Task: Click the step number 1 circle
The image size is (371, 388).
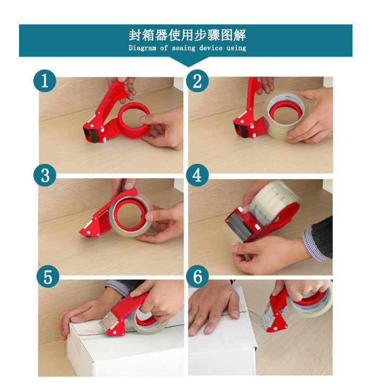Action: [45, 81]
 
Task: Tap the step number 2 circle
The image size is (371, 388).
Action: [197, 81]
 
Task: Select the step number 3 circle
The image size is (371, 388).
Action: [45, 175]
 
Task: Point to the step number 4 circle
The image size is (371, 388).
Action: [197, 175]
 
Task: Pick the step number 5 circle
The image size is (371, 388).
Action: [48, 276]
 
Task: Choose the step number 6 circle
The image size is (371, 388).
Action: [197, 276]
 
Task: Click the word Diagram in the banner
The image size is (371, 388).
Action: [143, 48]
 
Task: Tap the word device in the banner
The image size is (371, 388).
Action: [211, 48]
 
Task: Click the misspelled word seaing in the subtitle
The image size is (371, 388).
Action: [183, 48]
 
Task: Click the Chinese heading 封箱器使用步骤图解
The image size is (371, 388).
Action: [188, 35]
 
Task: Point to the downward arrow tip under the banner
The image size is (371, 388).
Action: [188, 67]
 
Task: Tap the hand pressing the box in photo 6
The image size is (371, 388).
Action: [214, 308]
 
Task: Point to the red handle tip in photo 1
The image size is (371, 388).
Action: [122, 80]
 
